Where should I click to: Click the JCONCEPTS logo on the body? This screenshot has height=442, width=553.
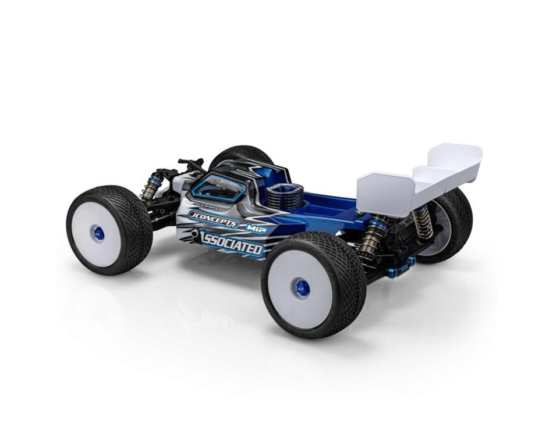click(213, 219)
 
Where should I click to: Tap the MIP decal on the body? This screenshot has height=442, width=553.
click(256, 229)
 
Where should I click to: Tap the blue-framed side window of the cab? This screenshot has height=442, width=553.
click(219, 188)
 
